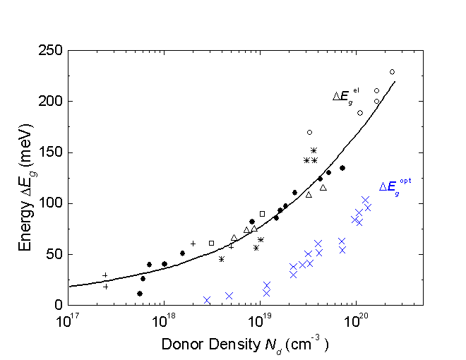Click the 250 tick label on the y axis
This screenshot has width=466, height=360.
(50, 51)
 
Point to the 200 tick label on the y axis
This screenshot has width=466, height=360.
(50, 102)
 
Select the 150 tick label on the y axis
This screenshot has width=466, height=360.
(50, 152)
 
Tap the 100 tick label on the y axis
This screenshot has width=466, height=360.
(50, 203)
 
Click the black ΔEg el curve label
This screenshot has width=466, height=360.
(347, 96)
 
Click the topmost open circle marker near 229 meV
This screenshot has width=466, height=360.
(392, 72)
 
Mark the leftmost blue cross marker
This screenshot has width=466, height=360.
(207, 300)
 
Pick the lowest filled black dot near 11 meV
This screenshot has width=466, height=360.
(140, 294)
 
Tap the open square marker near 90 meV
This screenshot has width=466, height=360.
(262, 214)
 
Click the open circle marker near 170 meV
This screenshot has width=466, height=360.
(309, 132)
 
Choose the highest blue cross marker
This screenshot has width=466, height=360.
(366, 200)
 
